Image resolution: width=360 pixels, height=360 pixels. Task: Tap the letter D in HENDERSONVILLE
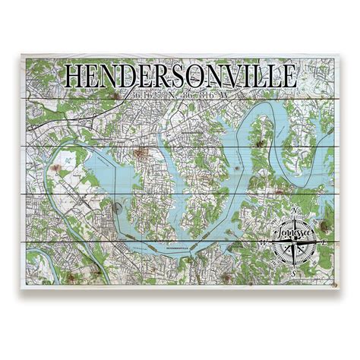coord(130,77)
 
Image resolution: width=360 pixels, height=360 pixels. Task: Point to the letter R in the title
coord(168,77)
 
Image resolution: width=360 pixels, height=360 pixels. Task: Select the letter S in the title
coord(186,77)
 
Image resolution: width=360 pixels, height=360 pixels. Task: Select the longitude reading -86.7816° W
coord(203,96)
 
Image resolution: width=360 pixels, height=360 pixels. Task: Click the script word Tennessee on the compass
coord(294,232)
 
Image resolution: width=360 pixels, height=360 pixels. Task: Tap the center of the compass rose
coord(295,242)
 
